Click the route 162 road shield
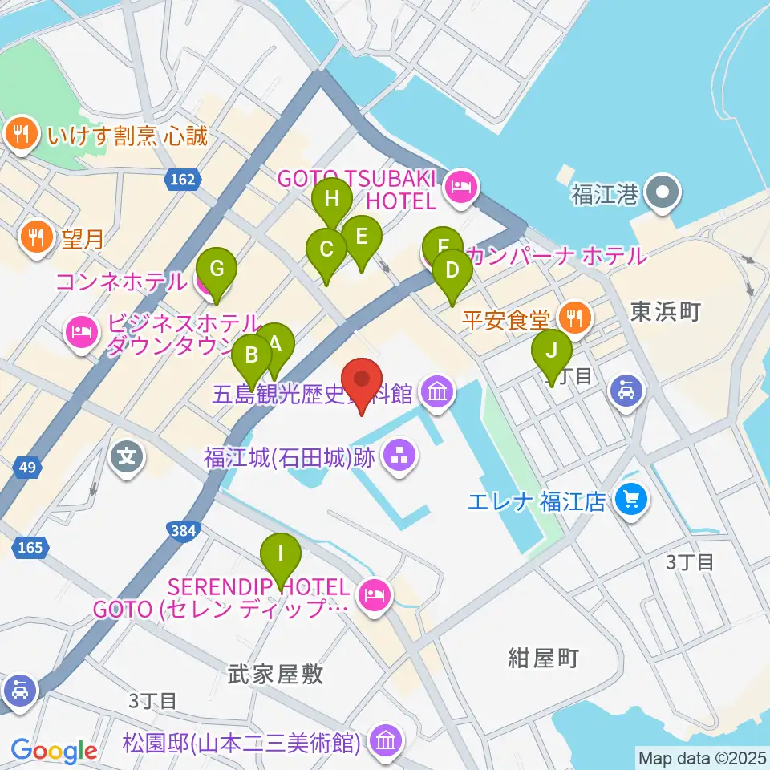point(183,181)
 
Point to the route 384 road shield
point(184,529)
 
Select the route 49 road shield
point(27,467)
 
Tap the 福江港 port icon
point(665,192)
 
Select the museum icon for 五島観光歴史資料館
point(440,392)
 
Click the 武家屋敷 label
point(264,674)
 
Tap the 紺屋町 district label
point(543,659)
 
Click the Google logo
point(54,752)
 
